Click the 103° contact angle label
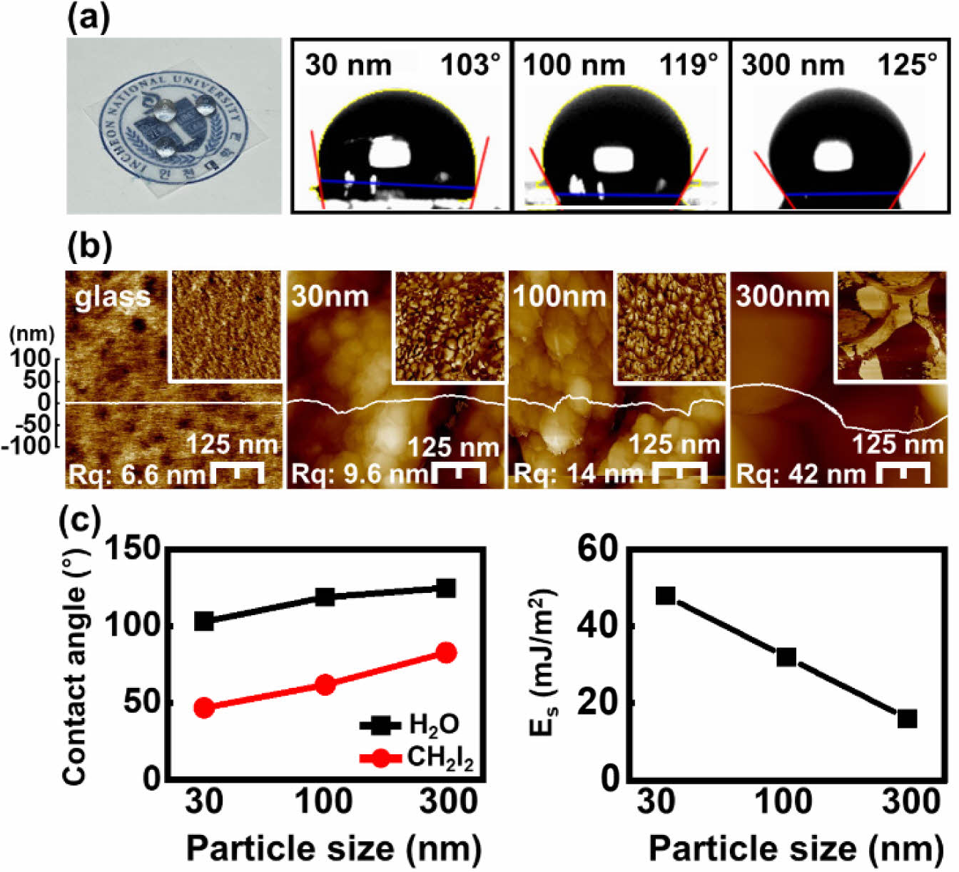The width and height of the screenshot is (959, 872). pos(470,65)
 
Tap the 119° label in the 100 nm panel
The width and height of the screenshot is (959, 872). pos(688,65)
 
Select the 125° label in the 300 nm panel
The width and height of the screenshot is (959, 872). pos(906,65)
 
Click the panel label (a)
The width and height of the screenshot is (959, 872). pos(88,18)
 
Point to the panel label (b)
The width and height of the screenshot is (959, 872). pos(88,248)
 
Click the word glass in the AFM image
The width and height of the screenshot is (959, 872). pos(113,295)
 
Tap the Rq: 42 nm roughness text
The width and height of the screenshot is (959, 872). pos(801,474)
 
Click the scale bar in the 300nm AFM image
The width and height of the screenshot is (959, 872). pos(903,471)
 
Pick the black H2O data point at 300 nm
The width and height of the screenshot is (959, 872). pos(446,588)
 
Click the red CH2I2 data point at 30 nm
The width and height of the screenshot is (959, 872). pos(204,708)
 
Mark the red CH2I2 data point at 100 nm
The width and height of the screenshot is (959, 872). pos(325,685)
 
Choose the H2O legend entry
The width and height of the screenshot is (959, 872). pos(410,726)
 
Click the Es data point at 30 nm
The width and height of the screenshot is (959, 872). pos(665,595)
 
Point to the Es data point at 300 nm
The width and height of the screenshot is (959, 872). pos(907,719)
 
